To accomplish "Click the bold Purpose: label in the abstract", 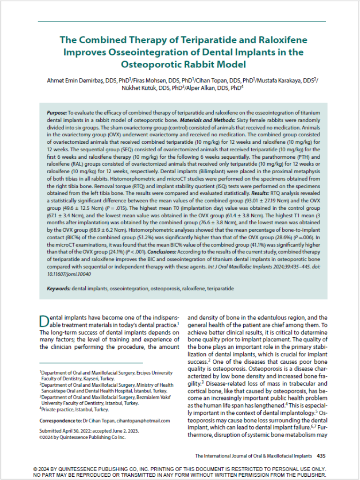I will (x=57, y=114).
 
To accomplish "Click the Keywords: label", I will (x=59, y=289).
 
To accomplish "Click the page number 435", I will (x=321, y=455).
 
